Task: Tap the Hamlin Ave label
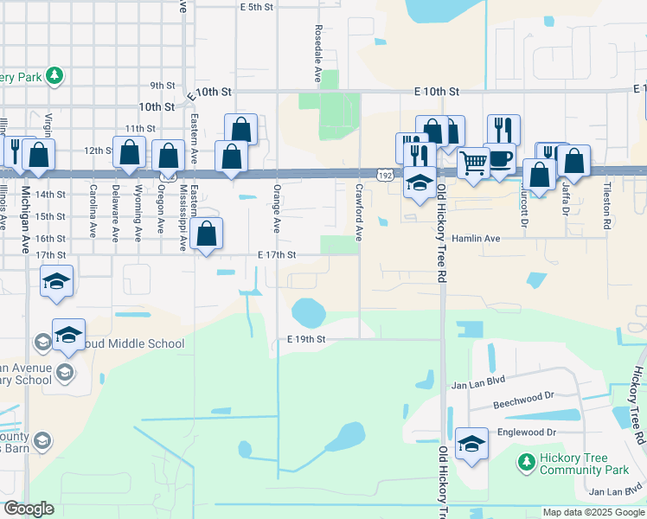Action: point(476,238)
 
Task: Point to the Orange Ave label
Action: point(277,208)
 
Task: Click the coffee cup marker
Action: point(502,159)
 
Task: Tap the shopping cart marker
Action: point(472,161)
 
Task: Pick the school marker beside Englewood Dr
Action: point(472,445)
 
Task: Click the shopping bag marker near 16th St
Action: point(207,234)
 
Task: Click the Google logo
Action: point(29,509)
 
